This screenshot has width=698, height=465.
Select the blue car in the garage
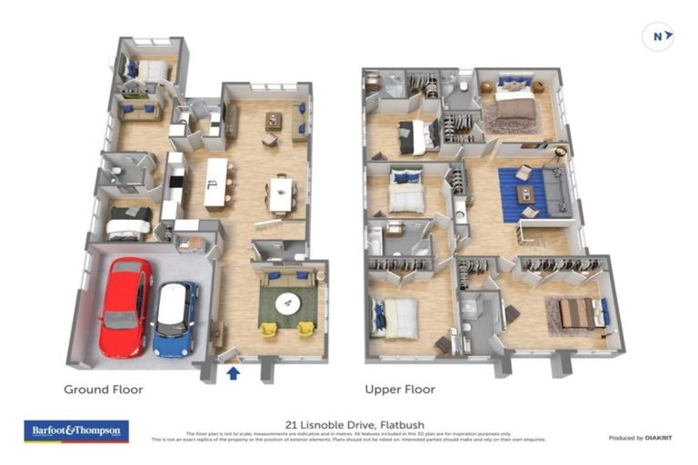pos(174,318)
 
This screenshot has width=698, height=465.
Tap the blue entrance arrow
pos(233,372)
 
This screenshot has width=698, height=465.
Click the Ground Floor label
pos(103,390)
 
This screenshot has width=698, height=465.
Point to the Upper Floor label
pos(400,390)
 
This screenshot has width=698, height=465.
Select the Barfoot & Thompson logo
pos(76,431)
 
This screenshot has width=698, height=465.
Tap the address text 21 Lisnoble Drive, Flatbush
pos(349,424)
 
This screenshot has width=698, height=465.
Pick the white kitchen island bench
pos(216,183)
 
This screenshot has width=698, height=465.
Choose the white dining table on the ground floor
pos(281,193)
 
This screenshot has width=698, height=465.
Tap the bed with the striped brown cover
pos(577,314)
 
